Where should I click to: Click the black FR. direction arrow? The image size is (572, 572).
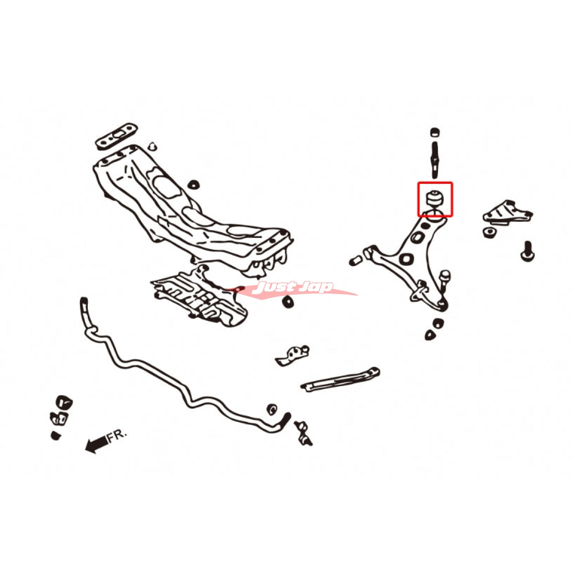96,444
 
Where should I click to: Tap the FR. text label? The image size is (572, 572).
117,436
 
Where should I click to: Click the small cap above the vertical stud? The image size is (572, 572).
435,132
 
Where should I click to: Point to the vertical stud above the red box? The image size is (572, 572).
435,160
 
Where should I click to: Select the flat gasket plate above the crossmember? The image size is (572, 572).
117,136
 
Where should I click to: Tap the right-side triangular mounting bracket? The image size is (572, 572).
508,212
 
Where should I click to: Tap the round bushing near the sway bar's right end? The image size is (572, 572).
272,409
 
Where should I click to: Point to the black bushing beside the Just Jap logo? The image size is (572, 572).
288,302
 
